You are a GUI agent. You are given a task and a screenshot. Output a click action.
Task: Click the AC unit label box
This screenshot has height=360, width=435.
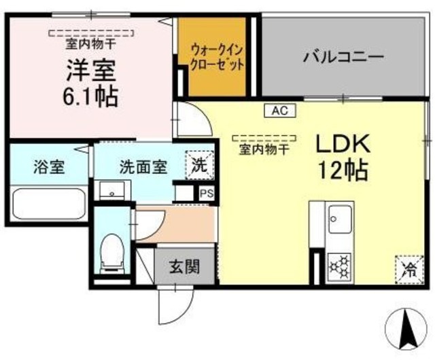pyautogui.click(x=280, y=111)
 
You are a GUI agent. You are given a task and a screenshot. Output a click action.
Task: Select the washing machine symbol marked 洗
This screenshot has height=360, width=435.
pyautogui.click(x=200, y=165)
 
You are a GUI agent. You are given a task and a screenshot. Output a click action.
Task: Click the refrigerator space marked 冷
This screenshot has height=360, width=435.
pyautogui.click(x=409, y=270)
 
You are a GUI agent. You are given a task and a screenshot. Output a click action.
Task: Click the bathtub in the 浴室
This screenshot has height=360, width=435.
pyautogui.click(x=49, y=204)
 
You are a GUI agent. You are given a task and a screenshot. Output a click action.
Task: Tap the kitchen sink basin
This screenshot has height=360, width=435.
pyautogui.click(x=340, y=219)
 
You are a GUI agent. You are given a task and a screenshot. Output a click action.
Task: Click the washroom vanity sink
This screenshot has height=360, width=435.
pyautogui.click(x=112, y=191)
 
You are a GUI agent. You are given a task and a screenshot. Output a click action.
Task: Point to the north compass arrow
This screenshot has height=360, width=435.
pyautogui.click(x=406, y=329)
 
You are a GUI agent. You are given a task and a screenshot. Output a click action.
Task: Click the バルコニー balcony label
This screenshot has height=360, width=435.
pyautogui.click(x=343, y=58)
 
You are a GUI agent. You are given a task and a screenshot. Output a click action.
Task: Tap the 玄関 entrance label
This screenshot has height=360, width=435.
pyautogui.click(x=184, y=266)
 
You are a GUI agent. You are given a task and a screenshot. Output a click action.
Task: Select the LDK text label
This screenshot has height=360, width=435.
pyautogui.click(x=343, y=143)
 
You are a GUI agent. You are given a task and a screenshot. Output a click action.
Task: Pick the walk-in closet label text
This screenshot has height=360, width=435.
pyautogui.click(x=217, y=58)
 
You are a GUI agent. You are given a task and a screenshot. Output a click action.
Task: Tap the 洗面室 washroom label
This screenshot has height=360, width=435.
pyautogui.click(x=143, y=167)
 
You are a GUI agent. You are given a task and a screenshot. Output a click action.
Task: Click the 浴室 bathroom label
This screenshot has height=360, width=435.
pyautogui.click(x=49, y=167)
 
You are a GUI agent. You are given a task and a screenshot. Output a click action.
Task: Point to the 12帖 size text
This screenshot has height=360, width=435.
pyautogui.click(x=343, y=170)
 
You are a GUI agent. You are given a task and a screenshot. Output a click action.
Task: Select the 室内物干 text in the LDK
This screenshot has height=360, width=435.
pyautogui.click(x=264, y=150)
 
